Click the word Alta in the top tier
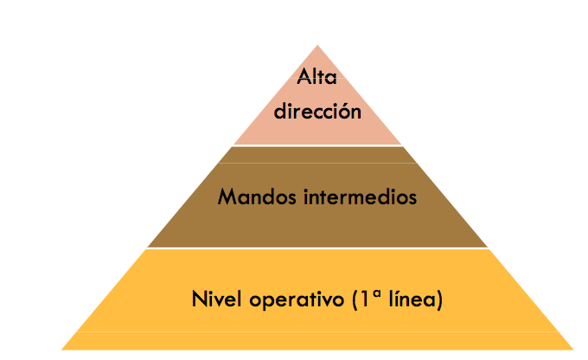pyautogui.click(x=316, y=77)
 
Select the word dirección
pyautogui.click(x=316, y=111)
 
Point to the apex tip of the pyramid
pyautogui.click(x=317, y=46)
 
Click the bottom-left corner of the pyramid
pyautogui.click(x=62, y=349)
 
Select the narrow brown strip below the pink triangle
pyautogui.click(x=317, y=154)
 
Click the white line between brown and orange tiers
pyautogui.click(x=317, y=248)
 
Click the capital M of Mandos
pyautogui.click(x=227, y=197)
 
